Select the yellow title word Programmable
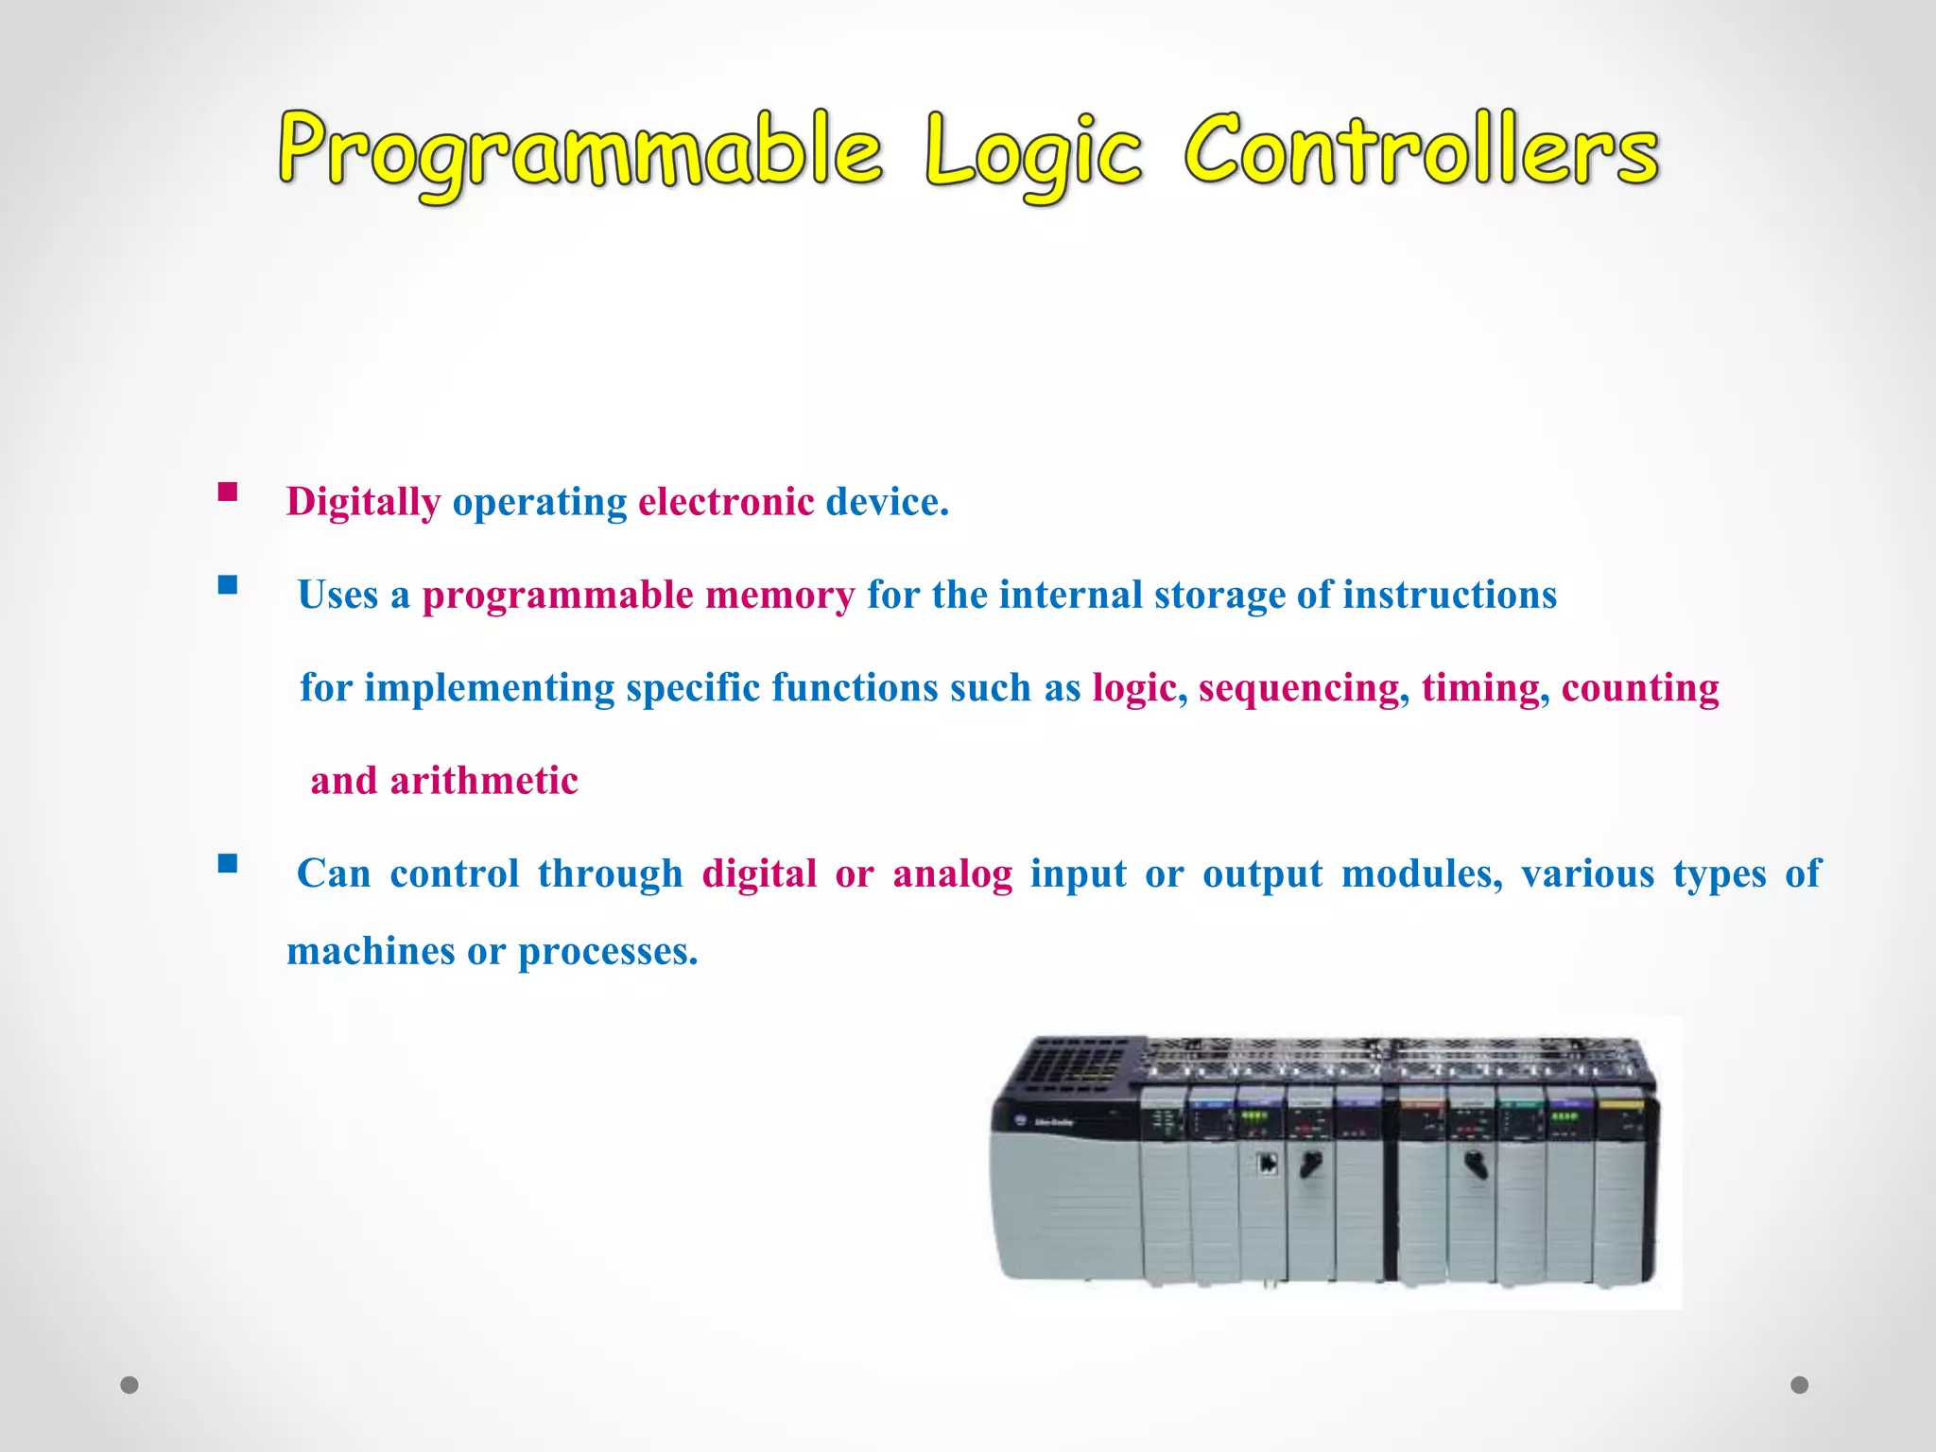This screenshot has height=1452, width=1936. click(580, 151)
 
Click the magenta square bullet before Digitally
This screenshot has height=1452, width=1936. click(228, 492)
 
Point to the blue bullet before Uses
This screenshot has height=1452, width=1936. click(228, 585)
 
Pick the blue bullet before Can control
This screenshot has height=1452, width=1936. click(228, 863)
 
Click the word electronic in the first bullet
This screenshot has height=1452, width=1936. click(726, 502)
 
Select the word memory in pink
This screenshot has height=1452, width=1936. click(780, 596)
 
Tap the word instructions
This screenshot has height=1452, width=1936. click(1449, 596)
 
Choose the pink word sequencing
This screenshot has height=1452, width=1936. click(1298, 688)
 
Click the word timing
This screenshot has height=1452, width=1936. click(1480, 688)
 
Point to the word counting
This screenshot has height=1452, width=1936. click(1640, 688)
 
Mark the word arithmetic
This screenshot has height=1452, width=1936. click(484, 781)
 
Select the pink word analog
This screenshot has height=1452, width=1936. click(953, 873)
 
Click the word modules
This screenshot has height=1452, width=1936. click(1421, 873)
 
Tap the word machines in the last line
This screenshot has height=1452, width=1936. click(371, 951)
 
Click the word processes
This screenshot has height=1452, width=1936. click(607, 951)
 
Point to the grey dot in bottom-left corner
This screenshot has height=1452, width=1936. click(130, 1385)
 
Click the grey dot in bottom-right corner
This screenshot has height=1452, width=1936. click(1800, 1385)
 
